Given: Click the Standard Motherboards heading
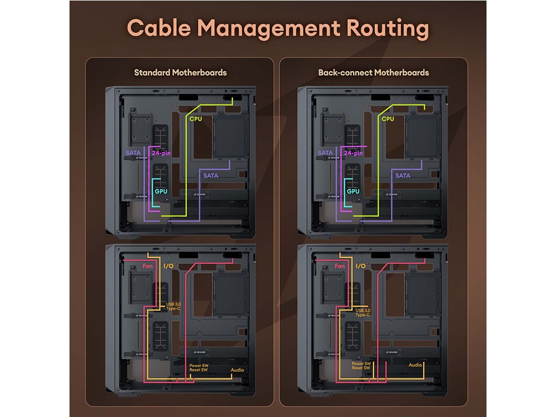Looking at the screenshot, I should [x=180, y=72].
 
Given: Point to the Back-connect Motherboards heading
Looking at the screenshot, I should [x=374, y=72].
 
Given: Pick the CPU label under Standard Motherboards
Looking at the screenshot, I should [x=195, y=118].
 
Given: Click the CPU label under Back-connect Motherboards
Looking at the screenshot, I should [x=388, y=118].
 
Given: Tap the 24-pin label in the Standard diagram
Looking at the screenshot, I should [x=162, y=153].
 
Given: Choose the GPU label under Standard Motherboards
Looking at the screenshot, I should [x=161, y=192].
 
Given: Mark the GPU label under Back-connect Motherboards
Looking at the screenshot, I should [x=353, y=192].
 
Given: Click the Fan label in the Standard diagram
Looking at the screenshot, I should [x=148, y=267].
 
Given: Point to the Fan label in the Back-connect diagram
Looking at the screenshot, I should [x=340, y=267].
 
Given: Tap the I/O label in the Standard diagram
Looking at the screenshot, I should [x=169, y=267].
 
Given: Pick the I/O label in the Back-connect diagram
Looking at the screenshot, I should [x=361, y=267].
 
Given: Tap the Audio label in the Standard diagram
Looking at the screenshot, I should [x=237, y=370].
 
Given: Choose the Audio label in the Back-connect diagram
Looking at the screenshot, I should [x=415, y=365].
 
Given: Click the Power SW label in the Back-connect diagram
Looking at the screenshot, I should [x=361, y=363].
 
